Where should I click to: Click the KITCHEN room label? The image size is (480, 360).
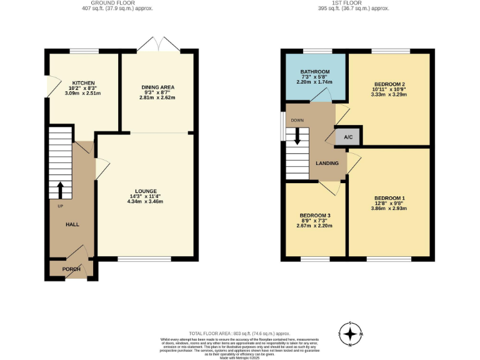[x=82, y=82]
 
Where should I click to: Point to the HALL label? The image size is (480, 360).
[x=72, y=224]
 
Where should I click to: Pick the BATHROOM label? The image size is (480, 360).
[x=315, y=72]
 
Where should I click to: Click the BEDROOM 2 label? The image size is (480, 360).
[x=390, y=84]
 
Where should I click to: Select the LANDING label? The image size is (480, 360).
[x=327, y=163]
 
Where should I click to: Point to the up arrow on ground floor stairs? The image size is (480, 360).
[x=61, y=188]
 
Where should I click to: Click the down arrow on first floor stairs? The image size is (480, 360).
[x=297, y=136]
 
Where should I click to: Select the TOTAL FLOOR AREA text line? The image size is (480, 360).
[x=240, y=334]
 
